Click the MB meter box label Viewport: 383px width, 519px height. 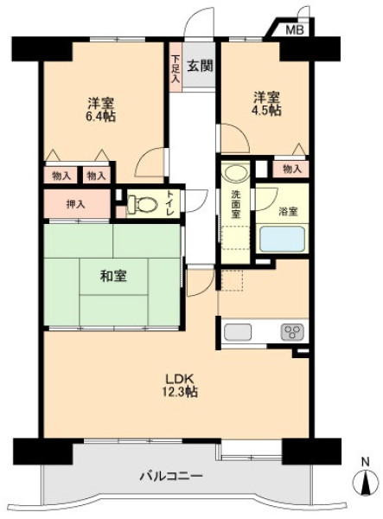click(x=294, y=30)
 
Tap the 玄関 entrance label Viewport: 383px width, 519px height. click(x=200, y=67)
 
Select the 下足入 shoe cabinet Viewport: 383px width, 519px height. click(x=176, y=67)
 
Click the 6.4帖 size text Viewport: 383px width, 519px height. click(x=101, y=117)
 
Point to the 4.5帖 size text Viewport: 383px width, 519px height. click(x=266, y=110)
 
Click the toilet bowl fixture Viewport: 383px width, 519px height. click(x=141, y=204)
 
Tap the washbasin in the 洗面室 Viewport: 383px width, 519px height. click(x=235, y=171)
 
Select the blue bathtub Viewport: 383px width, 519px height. click(x=282, y=239)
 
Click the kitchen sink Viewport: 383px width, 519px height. click(x=238, y=331)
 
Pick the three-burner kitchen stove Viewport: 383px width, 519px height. click(x=292, y=332)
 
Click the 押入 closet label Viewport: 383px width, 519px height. click(x=76, y=204)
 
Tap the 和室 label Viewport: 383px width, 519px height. click(x=113, y=276)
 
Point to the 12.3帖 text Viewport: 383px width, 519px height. click(x=180, y=392)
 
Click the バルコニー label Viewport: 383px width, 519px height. click(x=171, y=477)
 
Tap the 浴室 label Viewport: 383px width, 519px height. click(x=288, y=210)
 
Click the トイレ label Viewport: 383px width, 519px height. click(x=169, y=203)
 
